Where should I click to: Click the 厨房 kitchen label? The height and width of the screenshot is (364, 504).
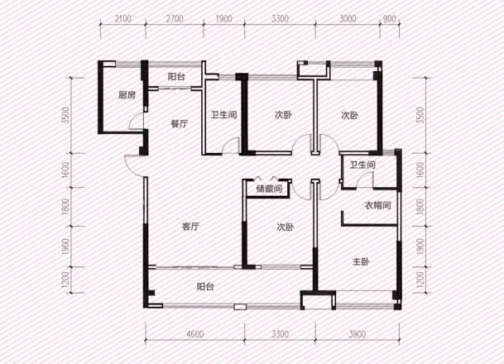tap(127, 95)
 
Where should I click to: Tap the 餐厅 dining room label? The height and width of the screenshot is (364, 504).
tap(180, 124)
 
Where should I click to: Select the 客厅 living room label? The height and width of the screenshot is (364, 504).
tap(191, 227)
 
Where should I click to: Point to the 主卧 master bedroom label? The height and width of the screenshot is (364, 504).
tap(361, 262)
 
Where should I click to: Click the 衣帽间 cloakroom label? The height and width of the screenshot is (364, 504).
tap(378, 205)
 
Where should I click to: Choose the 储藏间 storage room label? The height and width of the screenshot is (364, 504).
tap(269, 189)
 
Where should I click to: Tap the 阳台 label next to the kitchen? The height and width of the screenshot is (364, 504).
tap(176, 77)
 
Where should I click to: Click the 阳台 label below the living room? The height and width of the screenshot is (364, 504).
tap(205, 286)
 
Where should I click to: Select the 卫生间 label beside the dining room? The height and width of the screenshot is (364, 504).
tap(223, 115)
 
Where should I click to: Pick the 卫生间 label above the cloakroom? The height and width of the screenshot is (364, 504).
tap(362, 165)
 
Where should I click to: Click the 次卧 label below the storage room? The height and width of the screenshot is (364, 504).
tap(286, 227)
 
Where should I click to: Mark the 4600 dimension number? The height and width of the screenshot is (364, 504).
tap(195, 334)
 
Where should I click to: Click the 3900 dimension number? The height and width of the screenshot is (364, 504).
tap(358, 334)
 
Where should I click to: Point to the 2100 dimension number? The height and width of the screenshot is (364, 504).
tap(123, 19)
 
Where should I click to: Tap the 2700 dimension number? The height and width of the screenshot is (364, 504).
tap(175, 19)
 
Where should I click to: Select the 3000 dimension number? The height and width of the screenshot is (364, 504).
tap(348, 19)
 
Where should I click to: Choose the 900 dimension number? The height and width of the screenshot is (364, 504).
tap(390, 19)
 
